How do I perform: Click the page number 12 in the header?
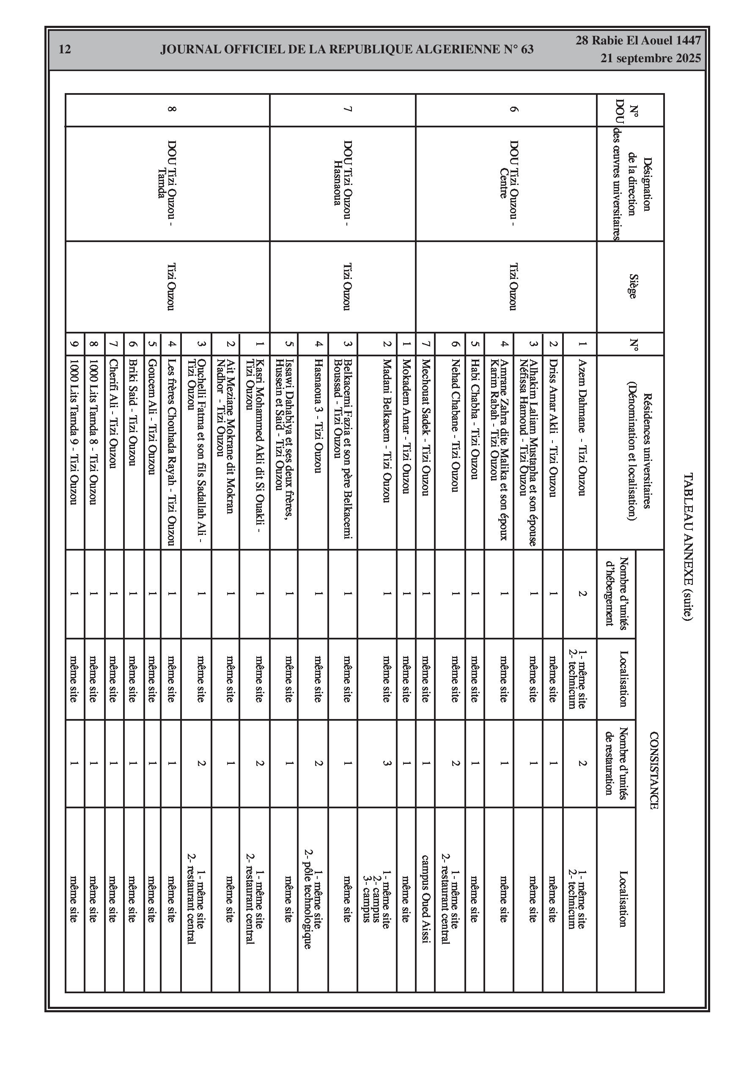[65, 50]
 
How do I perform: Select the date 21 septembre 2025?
[650, 59]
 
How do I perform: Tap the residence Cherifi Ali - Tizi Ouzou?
[113, 413]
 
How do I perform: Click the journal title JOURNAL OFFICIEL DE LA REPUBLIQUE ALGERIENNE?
[346, 50]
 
